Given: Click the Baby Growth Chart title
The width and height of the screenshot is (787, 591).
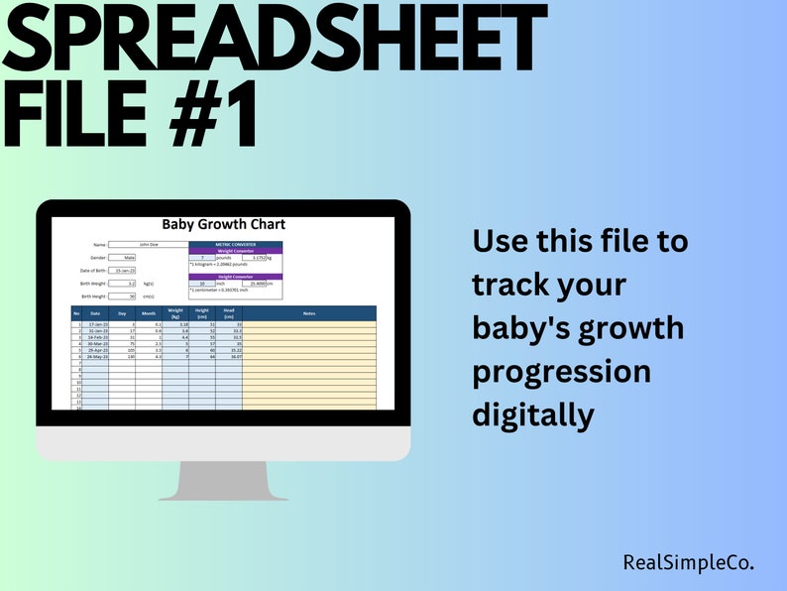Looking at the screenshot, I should (223, 225).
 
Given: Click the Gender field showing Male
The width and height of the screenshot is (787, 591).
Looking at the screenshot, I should (122, 257).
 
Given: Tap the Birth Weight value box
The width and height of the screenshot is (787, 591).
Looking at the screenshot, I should (123, 283).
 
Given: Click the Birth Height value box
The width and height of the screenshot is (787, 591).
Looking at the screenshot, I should (123, 295).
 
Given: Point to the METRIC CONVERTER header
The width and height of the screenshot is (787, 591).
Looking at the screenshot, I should (235, 243).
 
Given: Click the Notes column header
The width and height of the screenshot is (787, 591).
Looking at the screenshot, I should (309, 313).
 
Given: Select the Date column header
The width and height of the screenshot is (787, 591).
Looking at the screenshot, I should (95, 313).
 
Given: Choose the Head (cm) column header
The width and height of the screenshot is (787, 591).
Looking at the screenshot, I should (229, 313).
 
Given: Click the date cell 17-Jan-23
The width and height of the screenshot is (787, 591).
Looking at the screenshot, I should (96, 324).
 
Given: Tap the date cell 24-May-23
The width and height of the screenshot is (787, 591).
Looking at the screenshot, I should (96, 356).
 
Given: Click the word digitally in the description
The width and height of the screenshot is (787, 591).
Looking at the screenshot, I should (533, 414).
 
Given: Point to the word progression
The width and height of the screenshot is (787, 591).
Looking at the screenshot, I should (561, 371).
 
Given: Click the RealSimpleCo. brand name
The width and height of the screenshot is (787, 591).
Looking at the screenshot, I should (688, 562).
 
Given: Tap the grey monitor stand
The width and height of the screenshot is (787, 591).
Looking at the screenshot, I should (224, 480).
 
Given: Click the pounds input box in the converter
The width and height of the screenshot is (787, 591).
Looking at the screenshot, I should (202, 257).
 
